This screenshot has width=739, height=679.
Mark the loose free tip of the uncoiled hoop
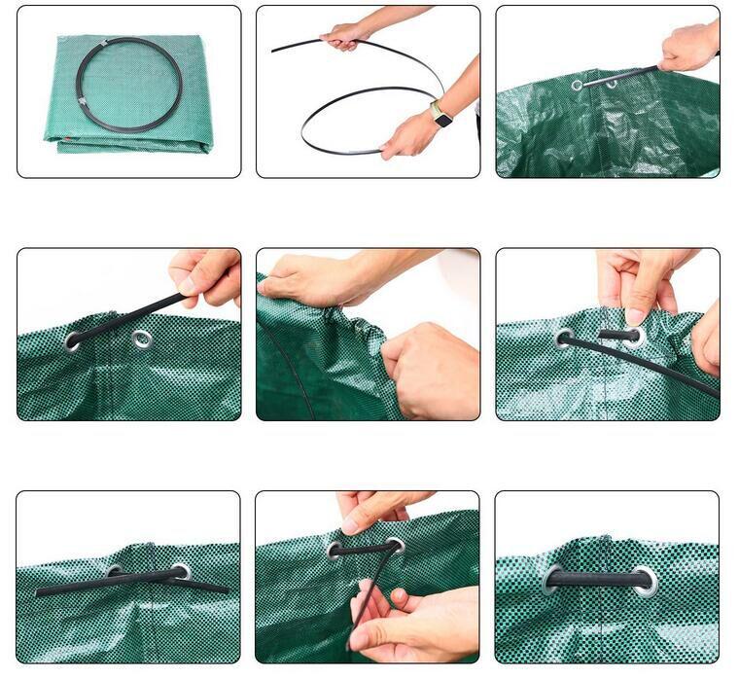275,50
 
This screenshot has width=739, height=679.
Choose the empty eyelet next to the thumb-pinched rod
143,339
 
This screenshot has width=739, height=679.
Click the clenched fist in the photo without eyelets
429,368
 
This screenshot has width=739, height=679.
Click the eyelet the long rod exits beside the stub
564,339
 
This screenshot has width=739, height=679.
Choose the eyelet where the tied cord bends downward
395,546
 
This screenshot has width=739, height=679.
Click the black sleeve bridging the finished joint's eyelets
598,580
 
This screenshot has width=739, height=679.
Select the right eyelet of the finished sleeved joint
645,581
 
